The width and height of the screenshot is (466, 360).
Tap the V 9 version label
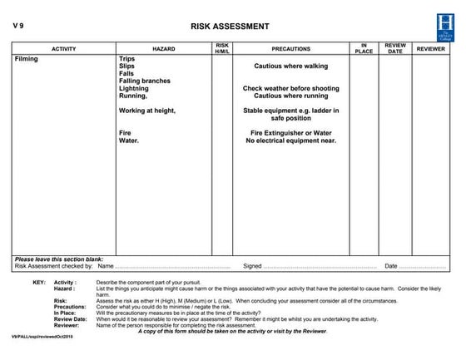tap(19, 25)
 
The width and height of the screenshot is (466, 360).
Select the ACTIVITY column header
tap(64, 49)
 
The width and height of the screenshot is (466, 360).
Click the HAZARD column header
tap(164, 49)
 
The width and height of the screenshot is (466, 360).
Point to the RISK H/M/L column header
tap(222, 49)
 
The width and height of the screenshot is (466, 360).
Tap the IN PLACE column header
tap(364, 49)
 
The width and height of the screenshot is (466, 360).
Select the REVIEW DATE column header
tap(395, 49)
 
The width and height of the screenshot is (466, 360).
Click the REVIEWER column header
tap(430, 49)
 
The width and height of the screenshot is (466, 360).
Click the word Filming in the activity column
tap(27, 60)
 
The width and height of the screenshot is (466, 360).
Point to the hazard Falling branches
tap(145, 81)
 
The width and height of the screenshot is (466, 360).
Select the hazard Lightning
tap(134, 88)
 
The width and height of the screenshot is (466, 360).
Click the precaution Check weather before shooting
tap(290, 88)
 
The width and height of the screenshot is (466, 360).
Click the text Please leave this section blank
tap(57, 259)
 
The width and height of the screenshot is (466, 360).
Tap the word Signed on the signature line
tap(252, 266)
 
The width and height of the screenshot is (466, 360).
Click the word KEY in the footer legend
tap(39, 283)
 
